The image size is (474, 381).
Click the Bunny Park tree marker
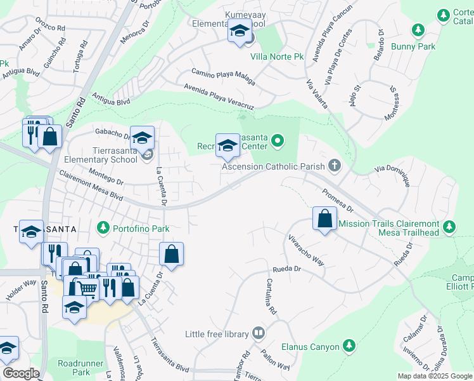pyautogui.click(x=418, y=30)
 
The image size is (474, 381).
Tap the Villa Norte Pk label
pyautogui.click(x=278, y=57)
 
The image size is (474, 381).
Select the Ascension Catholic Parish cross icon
pyautogui.click(x=335, y=166)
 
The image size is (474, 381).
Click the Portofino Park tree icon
pyautogui.click(x=103, y=227)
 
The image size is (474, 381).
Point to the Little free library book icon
pyautogui.click(x=259, y=333)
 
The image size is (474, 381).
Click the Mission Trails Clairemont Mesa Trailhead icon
pyautogui.click(x=449, y=227)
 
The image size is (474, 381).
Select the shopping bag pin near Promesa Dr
pyautogui.click(x=324, y=219)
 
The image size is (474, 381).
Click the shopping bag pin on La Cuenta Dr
pyautogui.click(x=171, y=255)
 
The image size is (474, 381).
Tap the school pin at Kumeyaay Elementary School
pyautogui.click(x=240, y=32)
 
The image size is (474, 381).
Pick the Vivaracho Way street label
pyautogui.click(x=307, y=252)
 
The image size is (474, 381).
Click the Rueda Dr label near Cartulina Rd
pyautogui.click(x=286, y=269)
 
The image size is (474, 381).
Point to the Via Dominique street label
pyautogui.click(x=393, y=176)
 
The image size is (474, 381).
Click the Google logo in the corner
pyautogui.click(x=20, y=373)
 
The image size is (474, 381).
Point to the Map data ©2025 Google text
pyautogui.click(x=434, y=376)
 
